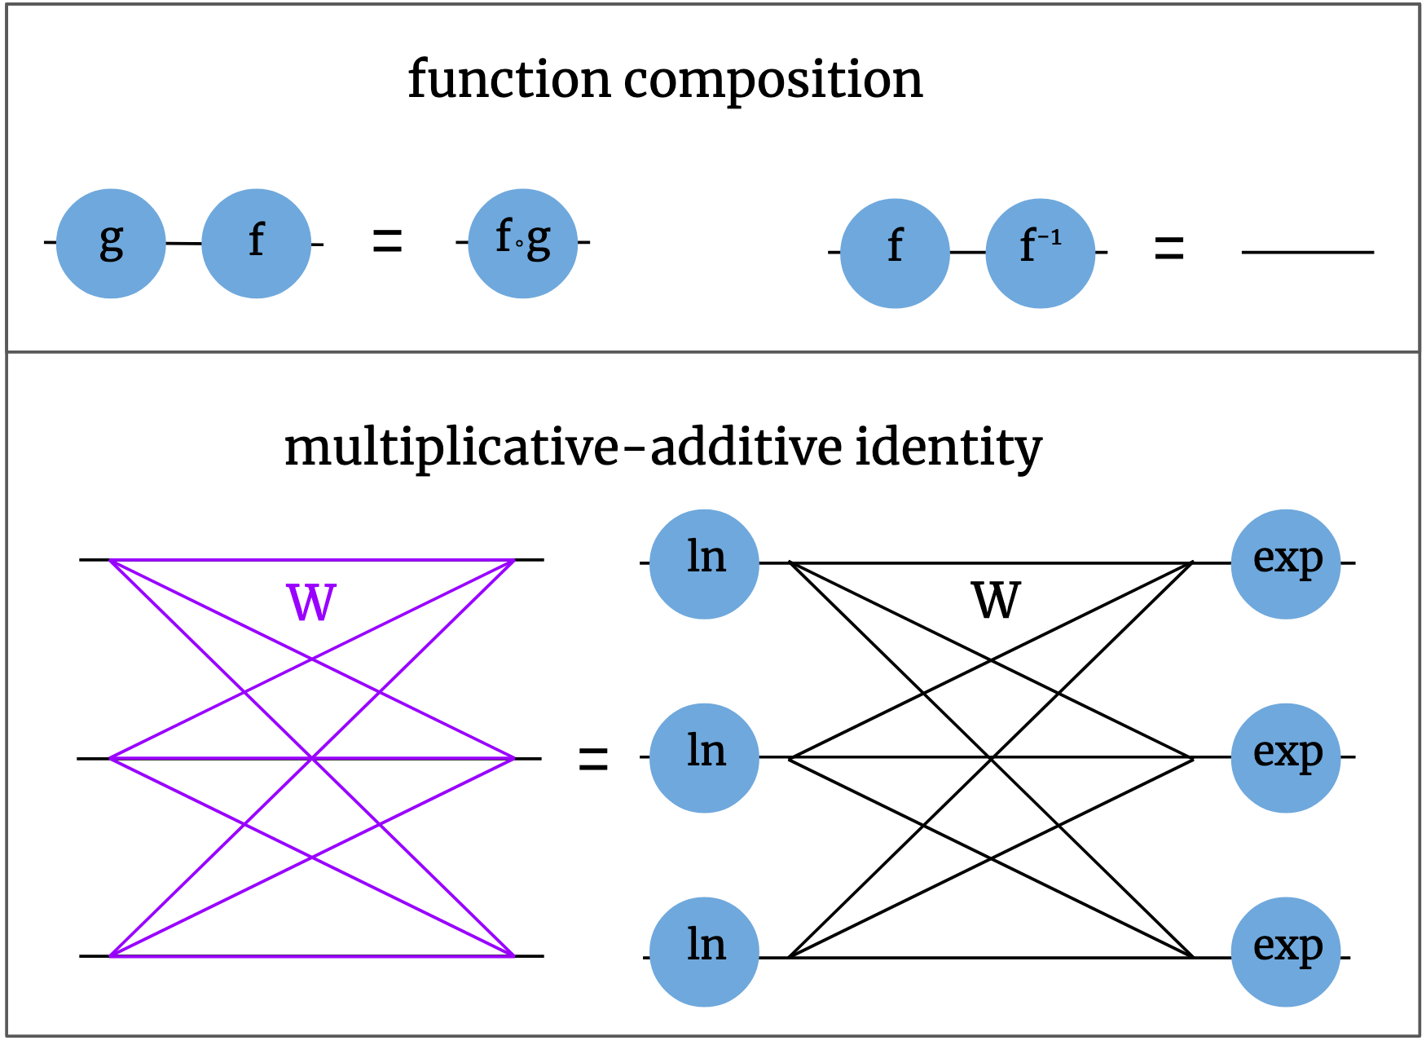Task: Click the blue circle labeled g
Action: point(111,243)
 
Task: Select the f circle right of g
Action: point(256,243)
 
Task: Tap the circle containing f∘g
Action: point(522,243)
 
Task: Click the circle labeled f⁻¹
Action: point(1040,253)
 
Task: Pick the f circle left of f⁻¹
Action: point(895,253)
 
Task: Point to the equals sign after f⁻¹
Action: point(1169,249)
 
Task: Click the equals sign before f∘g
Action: point(387,241)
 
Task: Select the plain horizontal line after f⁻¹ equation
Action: point(1307,253)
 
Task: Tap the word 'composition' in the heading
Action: point(773,82)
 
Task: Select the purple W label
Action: point(311,603)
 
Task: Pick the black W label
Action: point(996,602)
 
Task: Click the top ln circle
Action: point(704,564)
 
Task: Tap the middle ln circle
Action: point(704,758)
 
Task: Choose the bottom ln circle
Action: point(704,952)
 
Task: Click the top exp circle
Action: point(1285,564)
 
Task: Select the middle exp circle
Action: point(1285,758)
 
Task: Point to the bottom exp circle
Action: point(1285,952)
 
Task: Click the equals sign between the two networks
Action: point(593,760)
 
